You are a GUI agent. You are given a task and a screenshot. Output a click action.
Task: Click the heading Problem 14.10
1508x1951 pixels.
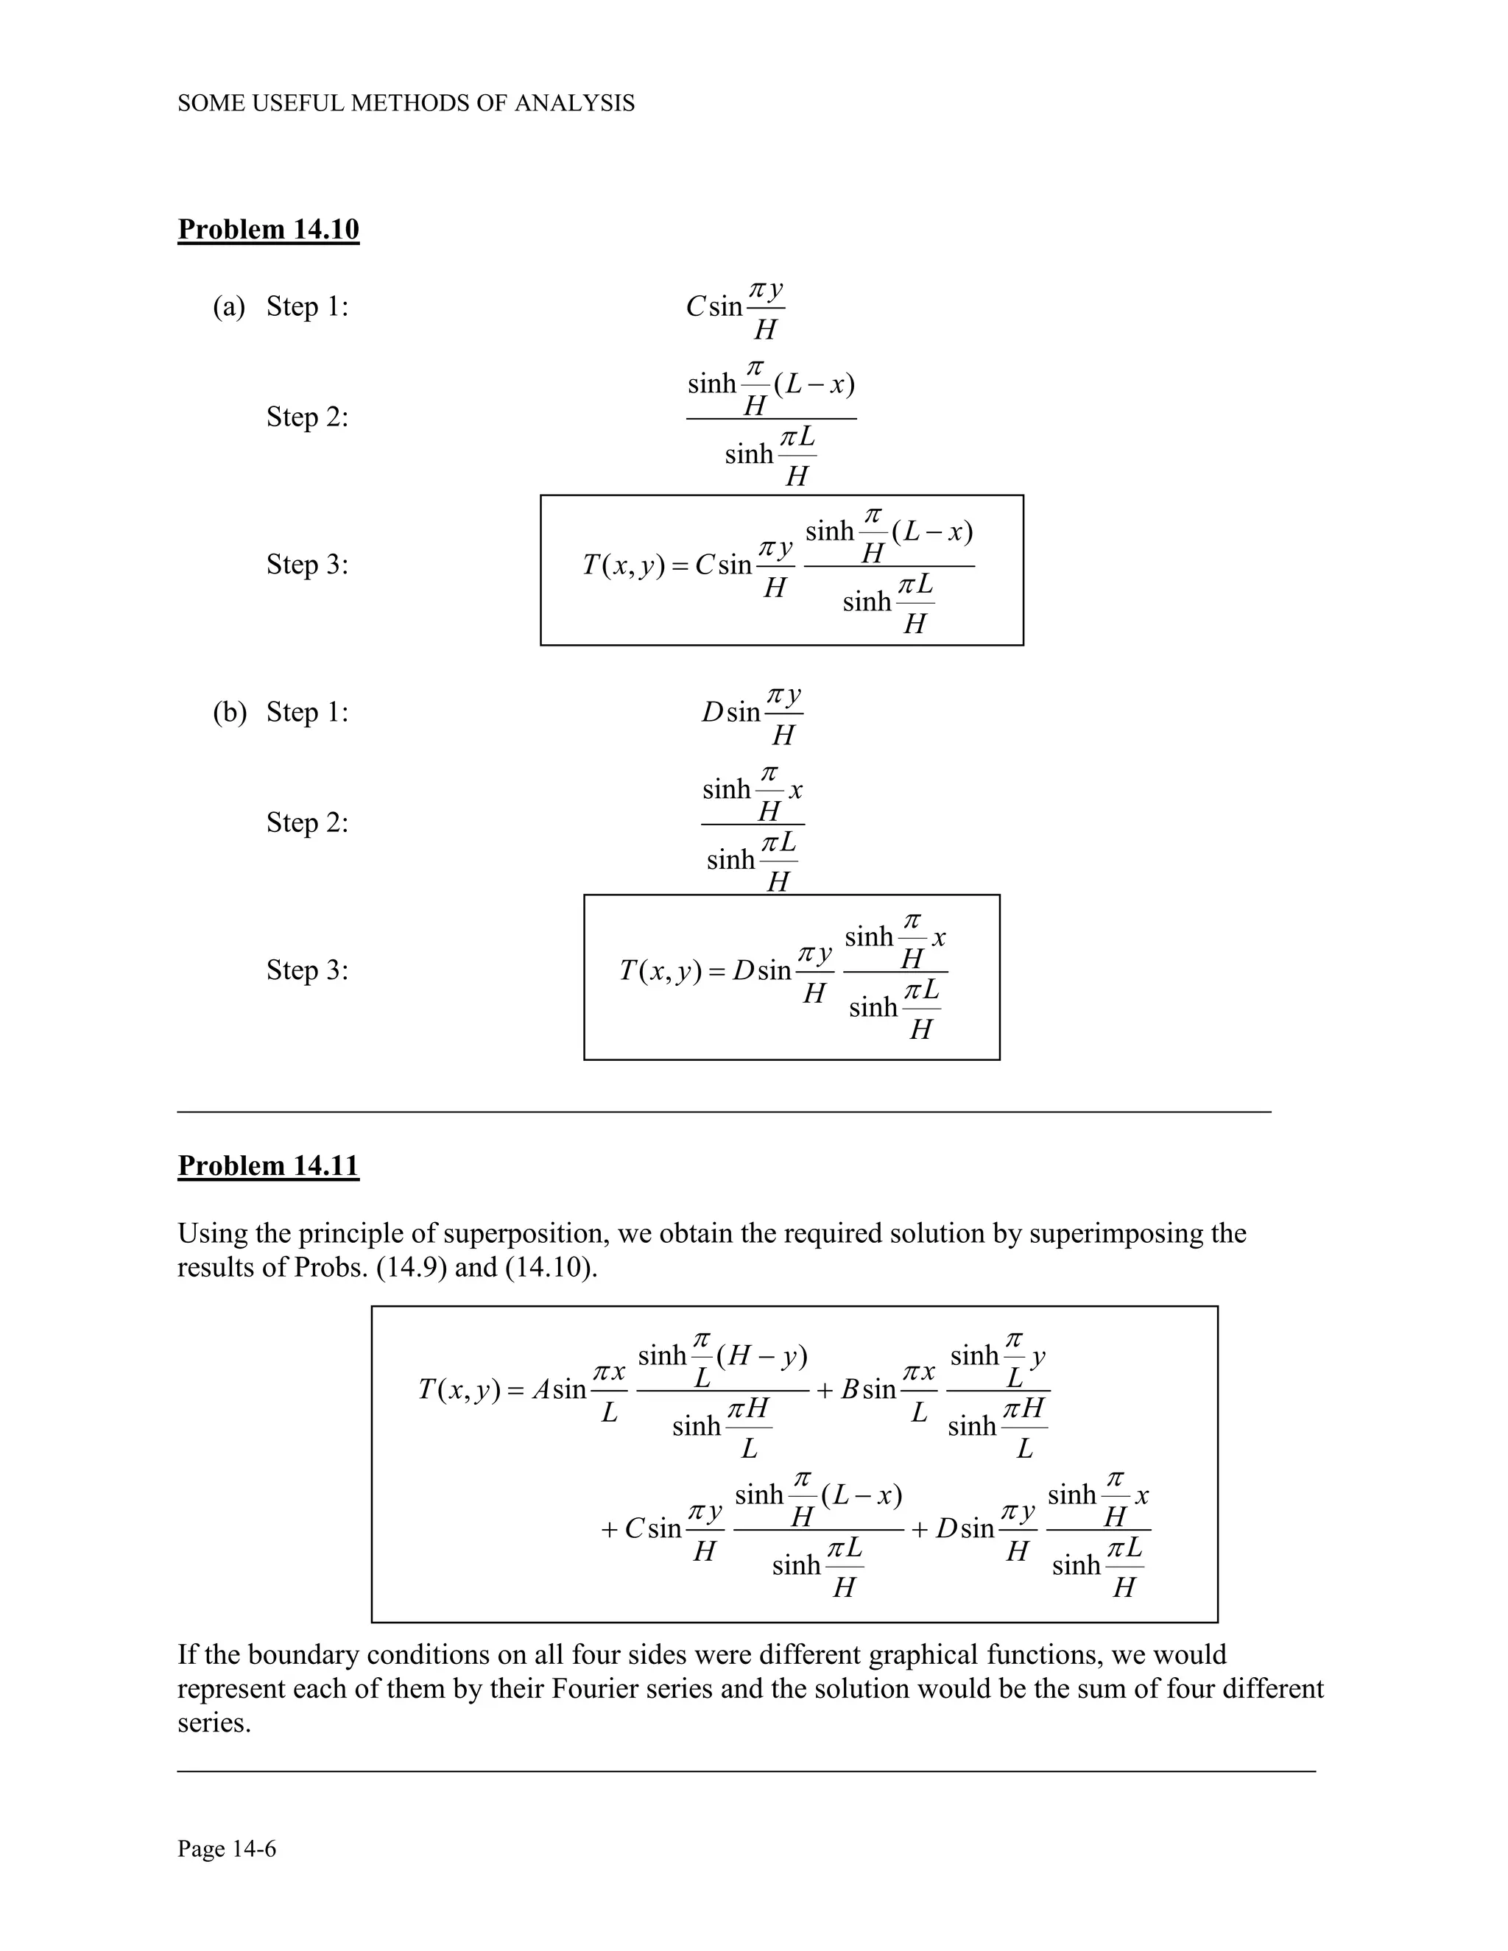pos(268,230)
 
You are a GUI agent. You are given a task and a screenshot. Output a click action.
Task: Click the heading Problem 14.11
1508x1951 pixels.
pos(268,1165)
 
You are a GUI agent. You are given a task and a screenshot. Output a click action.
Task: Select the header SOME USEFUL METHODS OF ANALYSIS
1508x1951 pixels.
pos(406,104)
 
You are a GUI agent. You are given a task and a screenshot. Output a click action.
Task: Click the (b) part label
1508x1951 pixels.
pos(229,713)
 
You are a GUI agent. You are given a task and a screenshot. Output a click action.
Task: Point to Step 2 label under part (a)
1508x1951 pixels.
pos(307,417)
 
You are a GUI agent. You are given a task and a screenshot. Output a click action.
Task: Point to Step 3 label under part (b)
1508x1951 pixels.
pos(307,970)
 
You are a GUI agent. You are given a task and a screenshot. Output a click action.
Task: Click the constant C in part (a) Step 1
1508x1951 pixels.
pos(696,307)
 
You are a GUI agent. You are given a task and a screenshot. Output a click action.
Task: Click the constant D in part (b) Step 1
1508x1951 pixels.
pos(712,713)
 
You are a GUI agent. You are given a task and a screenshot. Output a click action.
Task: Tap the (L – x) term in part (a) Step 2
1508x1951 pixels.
pos(814,385)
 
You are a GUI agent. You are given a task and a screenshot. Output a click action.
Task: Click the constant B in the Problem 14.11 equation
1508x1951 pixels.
pos(850,1390)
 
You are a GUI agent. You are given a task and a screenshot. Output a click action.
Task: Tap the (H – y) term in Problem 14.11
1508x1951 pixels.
pos(762,1357)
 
